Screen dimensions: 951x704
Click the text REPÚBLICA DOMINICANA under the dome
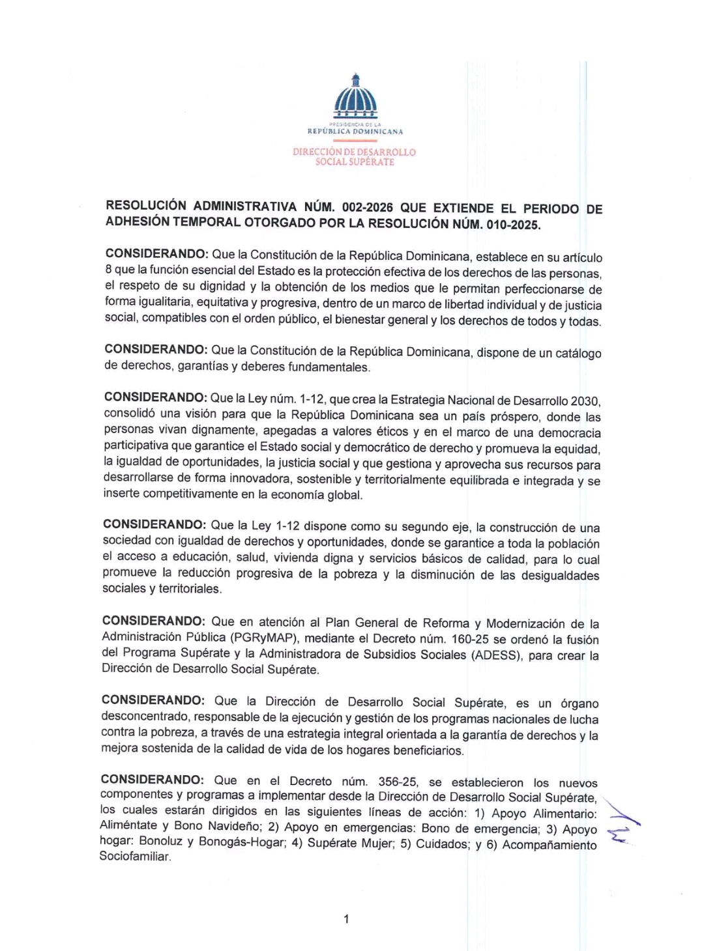pos(355,132)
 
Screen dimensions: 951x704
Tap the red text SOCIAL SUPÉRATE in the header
pos(355,162)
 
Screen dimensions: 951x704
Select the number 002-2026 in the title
pos(368,208)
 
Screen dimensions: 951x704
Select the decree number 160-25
pos(470,640)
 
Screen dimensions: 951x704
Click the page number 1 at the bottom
pos(346,919)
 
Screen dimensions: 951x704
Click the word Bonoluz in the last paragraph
pos(161,841)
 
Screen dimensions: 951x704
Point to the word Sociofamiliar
pos(135,857)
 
